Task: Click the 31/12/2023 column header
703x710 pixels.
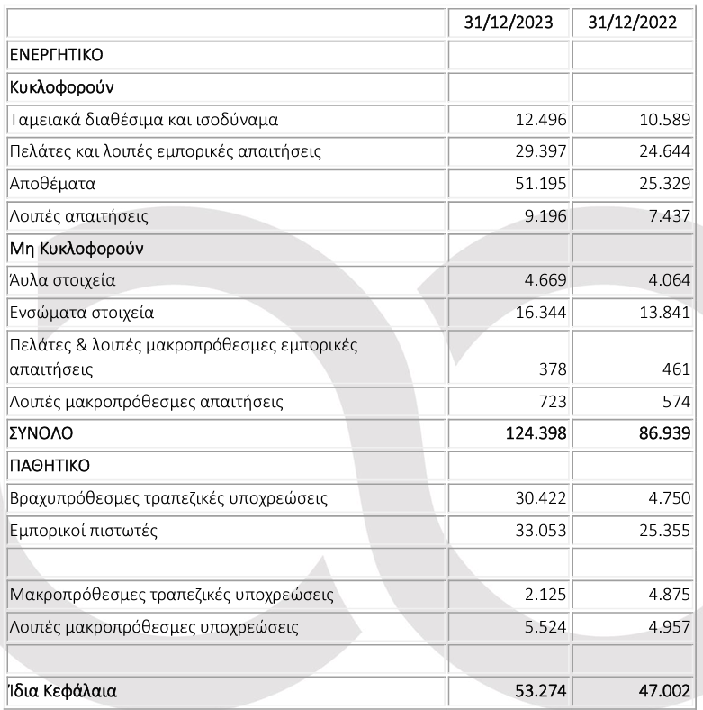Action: tap(509, 23)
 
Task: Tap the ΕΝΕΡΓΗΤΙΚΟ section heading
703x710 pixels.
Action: tap(56, 55)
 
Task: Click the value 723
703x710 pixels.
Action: tap(550, 401)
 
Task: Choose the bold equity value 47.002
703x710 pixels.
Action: tap(661, 692)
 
